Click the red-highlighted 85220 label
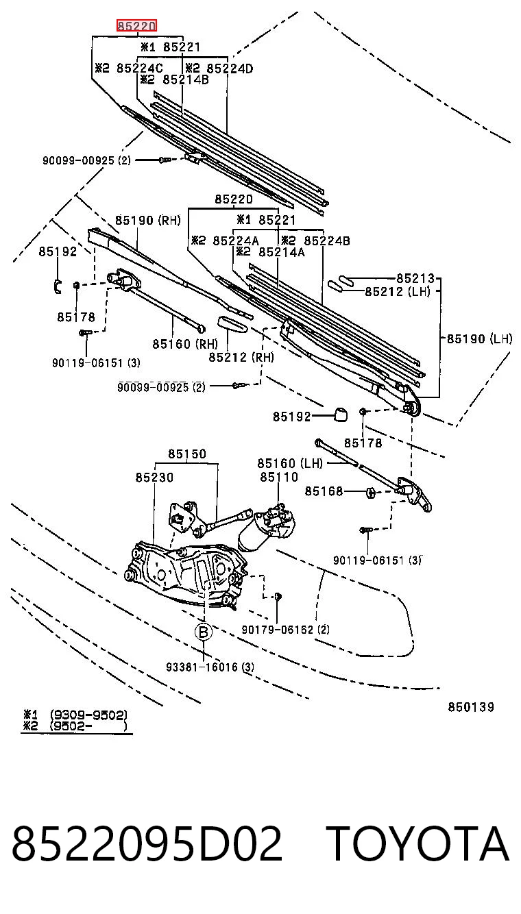137,26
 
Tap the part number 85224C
139,68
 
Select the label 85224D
230,68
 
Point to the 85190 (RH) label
148,221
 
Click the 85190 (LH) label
479,338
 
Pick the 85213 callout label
415,278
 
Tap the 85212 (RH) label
241,357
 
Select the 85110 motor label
279,477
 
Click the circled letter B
204,632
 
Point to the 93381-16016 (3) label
210,667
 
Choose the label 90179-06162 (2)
285,629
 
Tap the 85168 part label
324,491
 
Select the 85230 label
154,477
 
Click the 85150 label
187,454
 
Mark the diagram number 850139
471,706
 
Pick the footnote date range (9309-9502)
89,715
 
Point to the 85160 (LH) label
290,463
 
